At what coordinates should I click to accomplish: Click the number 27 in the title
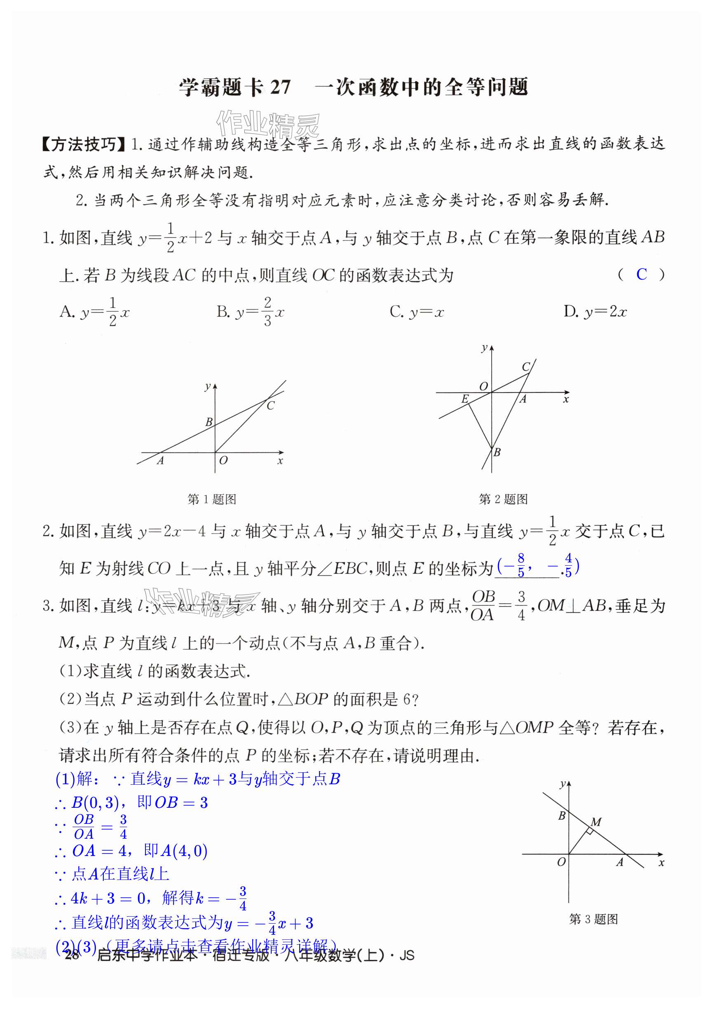(x=280, y=87)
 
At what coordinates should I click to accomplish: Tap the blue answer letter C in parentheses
(x=641, y=275)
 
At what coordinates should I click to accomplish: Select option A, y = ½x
(x=94, y=312)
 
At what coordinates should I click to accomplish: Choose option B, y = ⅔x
(x=250, y=312)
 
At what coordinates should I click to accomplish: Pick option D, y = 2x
(x=595, y=312)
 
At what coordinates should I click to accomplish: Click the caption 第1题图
(x=212, y=499)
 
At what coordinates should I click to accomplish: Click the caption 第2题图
(x=503, y=499)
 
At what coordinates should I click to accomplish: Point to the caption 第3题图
(x=593, y=920)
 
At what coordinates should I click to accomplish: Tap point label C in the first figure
(x=271, y=406)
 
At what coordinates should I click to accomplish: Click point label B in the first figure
(x=209, y=422)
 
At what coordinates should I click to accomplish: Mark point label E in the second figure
(x=464, y=399)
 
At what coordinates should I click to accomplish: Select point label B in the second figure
(x=497, y=452)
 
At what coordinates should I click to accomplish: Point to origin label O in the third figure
(x=561, y=862)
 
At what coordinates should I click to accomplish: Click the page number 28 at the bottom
(x=72, y=955)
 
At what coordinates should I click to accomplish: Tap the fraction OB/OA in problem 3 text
(x=483, y=605)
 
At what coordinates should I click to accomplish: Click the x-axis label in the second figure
(x=566, y=400)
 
